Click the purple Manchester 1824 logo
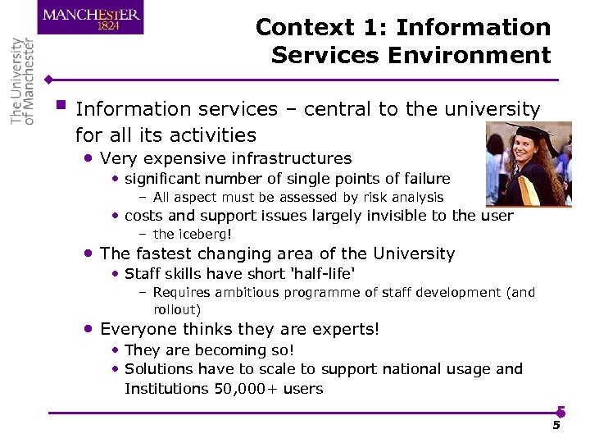pos(91,17)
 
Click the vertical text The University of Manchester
pos(23,81)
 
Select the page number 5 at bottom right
pos(556,425)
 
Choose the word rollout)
pos(177,309)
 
